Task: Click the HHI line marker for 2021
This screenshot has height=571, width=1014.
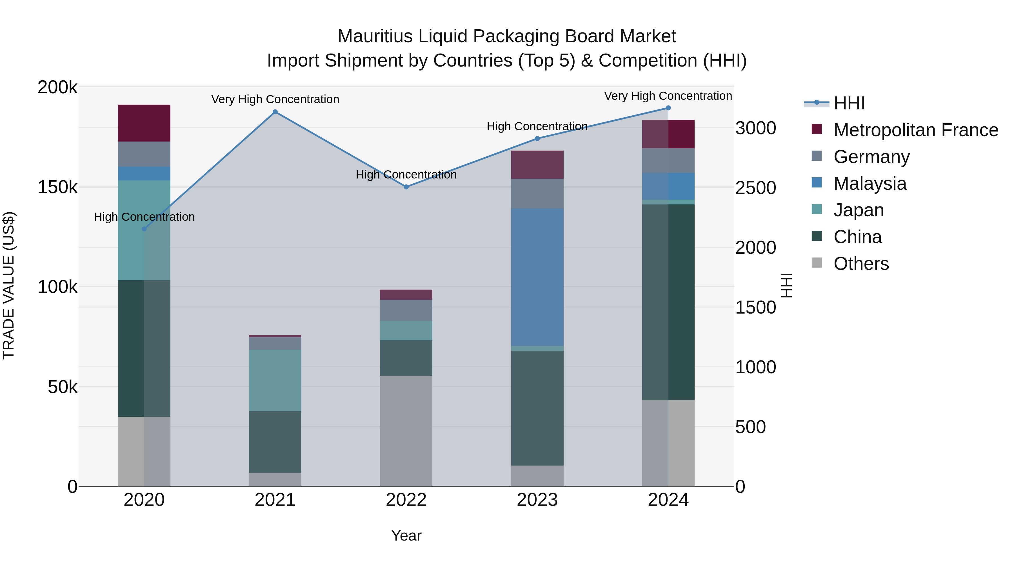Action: [275, 112]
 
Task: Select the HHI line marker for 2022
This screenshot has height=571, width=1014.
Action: [406, 187]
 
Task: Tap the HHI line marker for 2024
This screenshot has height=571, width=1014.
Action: [668, 108]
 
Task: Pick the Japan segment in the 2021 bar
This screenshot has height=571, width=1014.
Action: [275, 380]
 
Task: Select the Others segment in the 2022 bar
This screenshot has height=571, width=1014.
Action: [406, 431]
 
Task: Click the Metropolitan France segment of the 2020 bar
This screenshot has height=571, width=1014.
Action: [144, 123]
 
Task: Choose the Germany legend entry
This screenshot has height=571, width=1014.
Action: [871, 157]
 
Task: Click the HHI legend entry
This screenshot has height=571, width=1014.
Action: [849, 103]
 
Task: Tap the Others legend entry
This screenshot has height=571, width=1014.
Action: [861, 264]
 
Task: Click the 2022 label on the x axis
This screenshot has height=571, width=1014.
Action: [406, 500]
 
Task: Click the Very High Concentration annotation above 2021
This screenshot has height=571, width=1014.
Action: [275, 99]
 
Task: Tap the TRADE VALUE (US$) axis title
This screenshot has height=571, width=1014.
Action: [9, 285]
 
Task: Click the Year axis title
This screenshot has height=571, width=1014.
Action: [406, 535]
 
